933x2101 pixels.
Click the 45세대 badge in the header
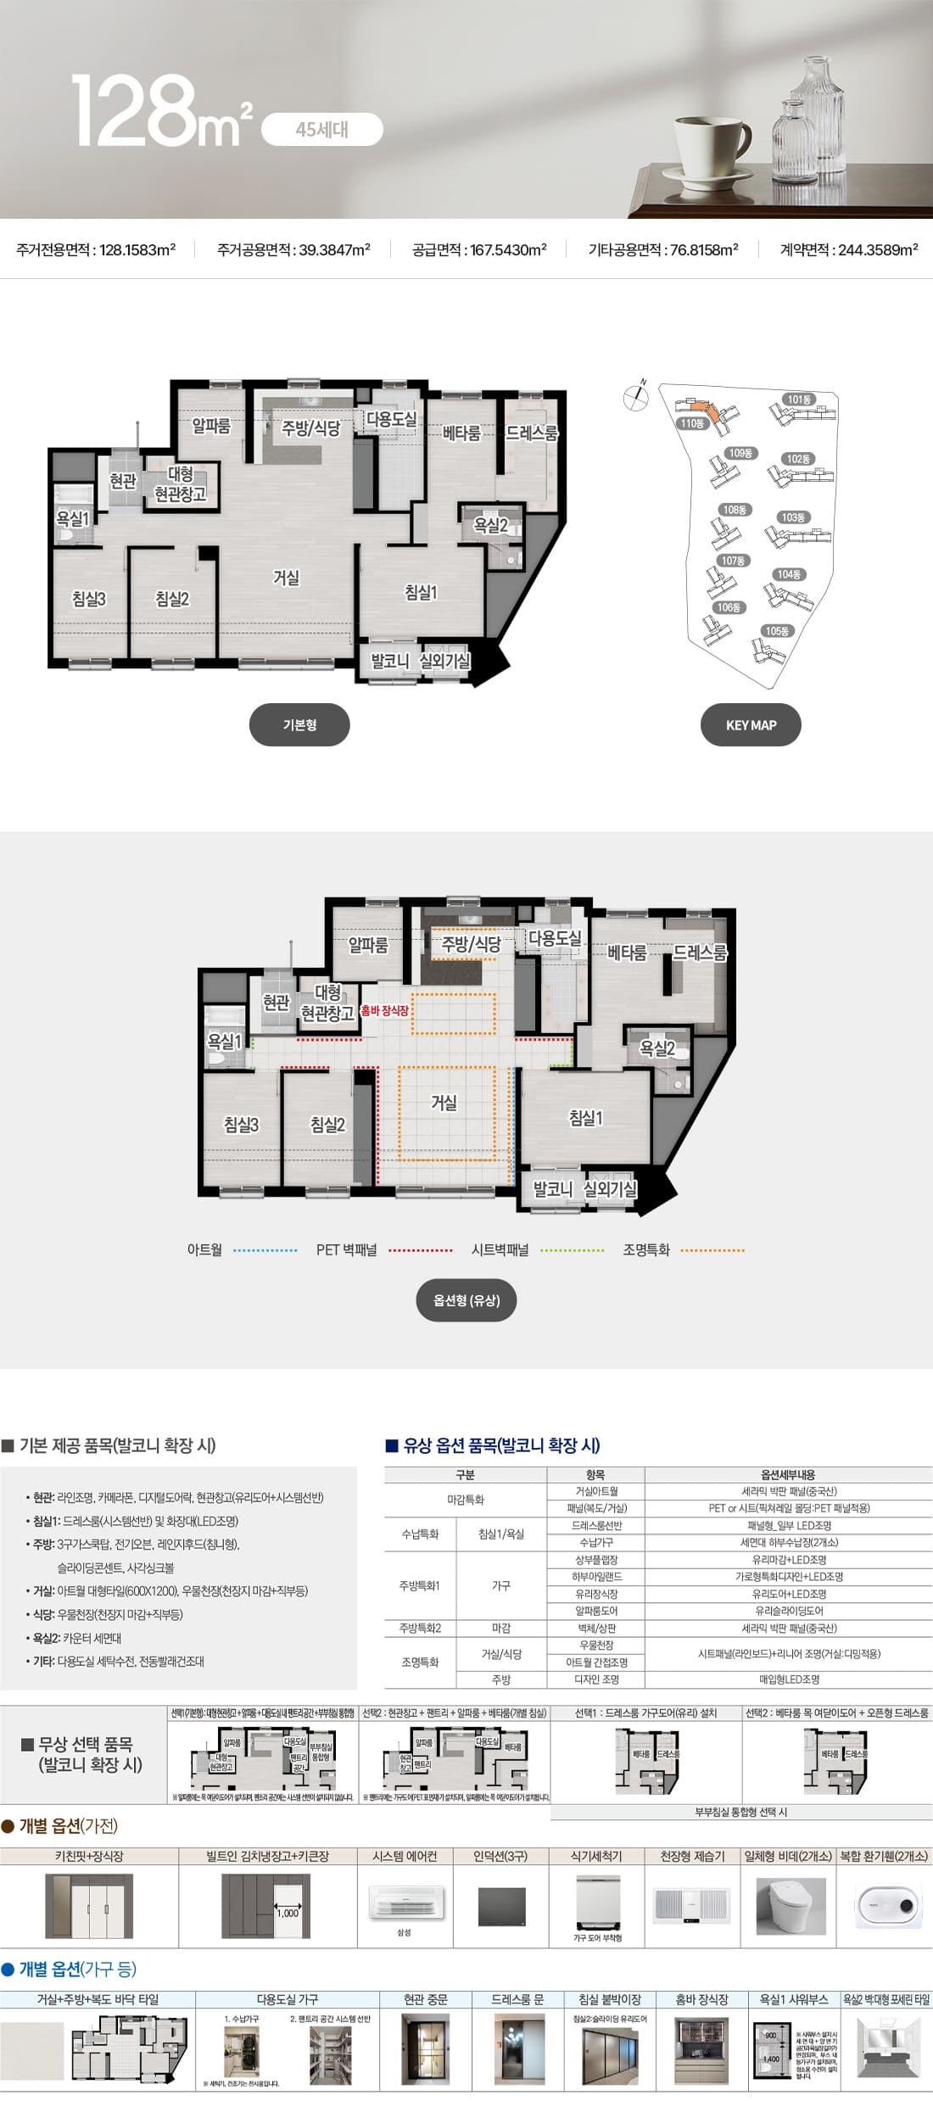(321, 130)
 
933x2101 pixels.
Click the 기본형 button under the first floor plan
(299, 725)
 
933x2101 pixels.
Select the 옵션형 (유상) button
(466, 1300)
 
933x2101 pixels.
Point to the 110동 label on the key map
(691, 423)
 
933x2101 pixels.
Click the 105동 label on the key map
(776, 631)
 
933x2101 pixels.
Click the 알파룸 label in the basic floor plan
(211, 426)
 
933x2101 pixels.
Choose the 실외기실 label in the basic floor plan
(444, 660)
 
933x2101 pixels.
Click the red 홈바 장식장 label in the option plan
(384, 1011)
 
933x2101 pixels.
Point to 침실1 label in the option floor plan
(585, 1119)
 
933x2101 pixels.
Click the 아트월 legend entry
(204, 1250)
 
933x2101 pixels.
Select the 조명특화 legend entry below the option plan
(646, 1250)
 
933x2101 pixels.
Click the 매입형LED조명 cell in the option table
(789, 1679)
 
